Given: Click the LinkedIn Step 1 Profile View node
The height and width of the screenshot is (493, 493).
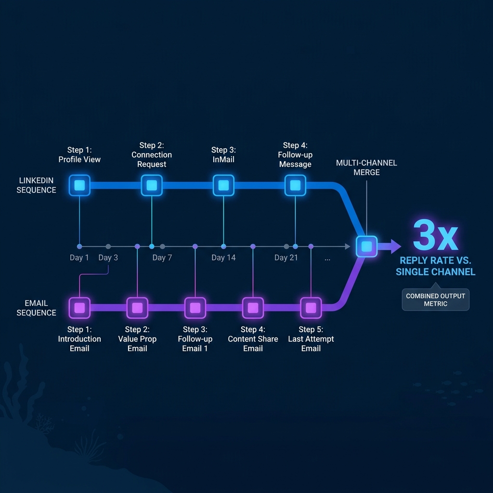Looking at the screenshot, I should pyautogui.click(x=79, y=185).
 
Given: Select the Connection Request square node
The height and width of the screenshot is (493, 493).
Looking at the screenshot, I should pyautogui.click(x=152, y=185).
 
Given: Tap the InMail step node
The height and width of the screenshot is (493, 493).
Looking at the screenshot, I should pyautogui.click(x=223, y=185).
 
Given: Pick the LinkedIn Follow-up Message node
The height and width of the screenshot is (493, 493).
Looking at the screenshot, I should pyautogui.click(x=295, y=185).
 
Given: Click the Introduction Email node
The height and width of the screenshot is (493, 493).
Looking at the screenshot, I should pyautogui.click(x=79, y=308).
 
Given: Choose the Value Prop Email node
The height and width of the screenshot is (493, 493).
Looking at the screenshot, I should pyautogui.click(x=137, y=308).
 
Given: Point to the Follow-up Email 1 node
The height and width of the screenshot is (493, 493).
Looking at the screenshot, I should pyautogui.click(x=195, y=308).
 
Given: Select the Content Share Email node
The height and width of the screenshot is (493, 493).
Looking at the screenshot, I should pyautogui.click(x=253, y=308).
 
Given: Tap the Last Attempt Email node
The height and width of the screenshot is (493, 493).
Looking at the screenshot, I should pyautogui.click(x=311, y=308).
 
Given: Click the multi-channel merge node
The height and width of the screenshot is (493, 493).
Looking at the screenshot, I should pyautogui.click(x=366, y=246).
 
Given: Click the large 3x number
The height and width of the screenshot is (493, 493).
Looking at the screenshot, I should pyautogui.click(x=435, y=236).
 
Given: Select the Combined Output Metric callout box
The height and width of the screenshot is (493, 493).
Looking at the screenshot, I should pyautogui.click(x=435, y=300).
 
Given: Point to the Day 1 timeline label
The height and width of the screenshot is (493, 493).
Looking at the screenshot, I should pyautogui.click(x=79, y=258).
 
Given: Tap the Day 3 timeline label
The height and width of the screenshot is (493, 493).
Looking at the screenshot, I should pyautogui.click(x=108, y=258).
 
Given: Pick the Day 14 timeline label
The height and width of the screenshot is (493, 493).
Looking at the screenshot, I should pyautogui.click(x=223, y=258).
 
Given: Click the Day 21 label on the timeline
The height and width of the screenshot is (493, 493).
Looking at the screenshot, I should pyautogui.click(x=286, y=258).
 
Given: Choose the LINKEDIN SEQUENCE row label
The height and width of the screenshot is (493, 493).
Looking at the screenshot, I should pyautogui.click(x=36, y=185).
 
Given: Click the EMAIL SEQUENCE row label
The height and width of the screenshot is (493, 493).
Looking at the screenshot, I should pyautogui.click(x=36, y=308).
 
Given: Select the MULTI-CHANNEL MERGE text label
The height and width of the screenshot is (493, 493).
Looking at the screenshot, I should pyautogui.click(x=366, y=168).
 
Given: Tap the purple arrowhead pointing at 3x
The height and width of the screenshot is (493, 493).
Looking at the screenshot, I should pyautogui.click(x=395, y=246).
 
